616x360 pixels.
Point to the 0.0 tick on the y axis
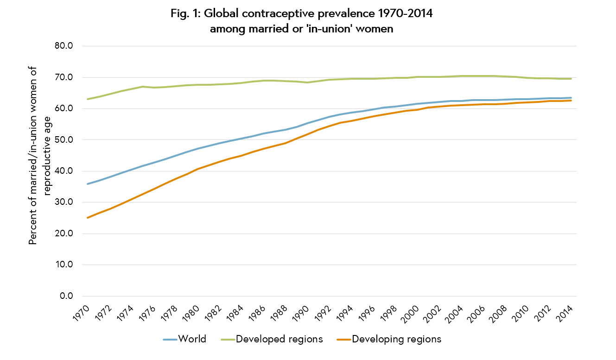pos(68,296)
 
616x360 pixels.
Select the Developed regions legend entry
pos(279,339)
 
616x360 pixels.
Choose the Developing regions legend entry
pos(396,339)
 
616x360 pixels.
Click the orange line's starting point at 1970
pos(88,218)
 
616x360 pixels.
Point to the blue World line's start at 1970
pos(88,184)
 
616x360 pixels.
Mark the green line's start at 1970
pos(88,99)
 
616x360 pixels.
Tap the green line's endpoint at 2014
pos(571,79)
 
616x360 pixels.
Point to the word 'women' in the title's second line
pos(369,29)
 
